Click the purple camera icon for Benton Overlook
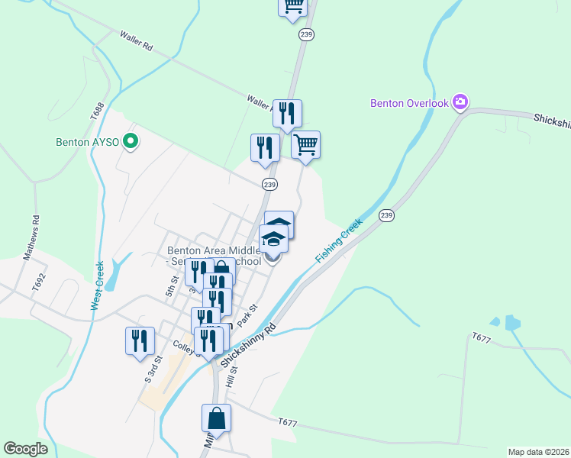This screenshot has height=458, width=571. click(460, 102)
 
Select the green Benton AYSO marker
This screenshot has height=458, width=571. click(131, 141)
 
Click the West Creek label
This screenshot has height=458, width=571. click(98, 285)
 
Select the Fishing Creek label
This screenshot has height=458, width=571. click(340, 241)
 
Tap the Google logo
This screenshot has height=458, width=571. click(25, 449)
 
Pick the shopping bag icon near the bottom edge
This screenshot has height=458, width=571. click(216, 419)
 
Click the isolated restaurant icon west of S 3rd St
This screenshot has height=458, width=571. click(140, 341)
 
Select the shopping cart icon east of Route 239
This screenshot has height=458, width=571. click(305, 145)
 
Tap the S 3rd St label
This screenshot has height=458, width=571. click(151, 369)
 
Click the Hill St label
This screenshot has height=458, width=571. click(232, 377)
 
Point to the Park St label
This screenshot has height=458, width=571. click(247, 315)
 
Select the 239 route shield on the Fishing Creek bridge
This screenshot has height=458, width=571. click(386, 215)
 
